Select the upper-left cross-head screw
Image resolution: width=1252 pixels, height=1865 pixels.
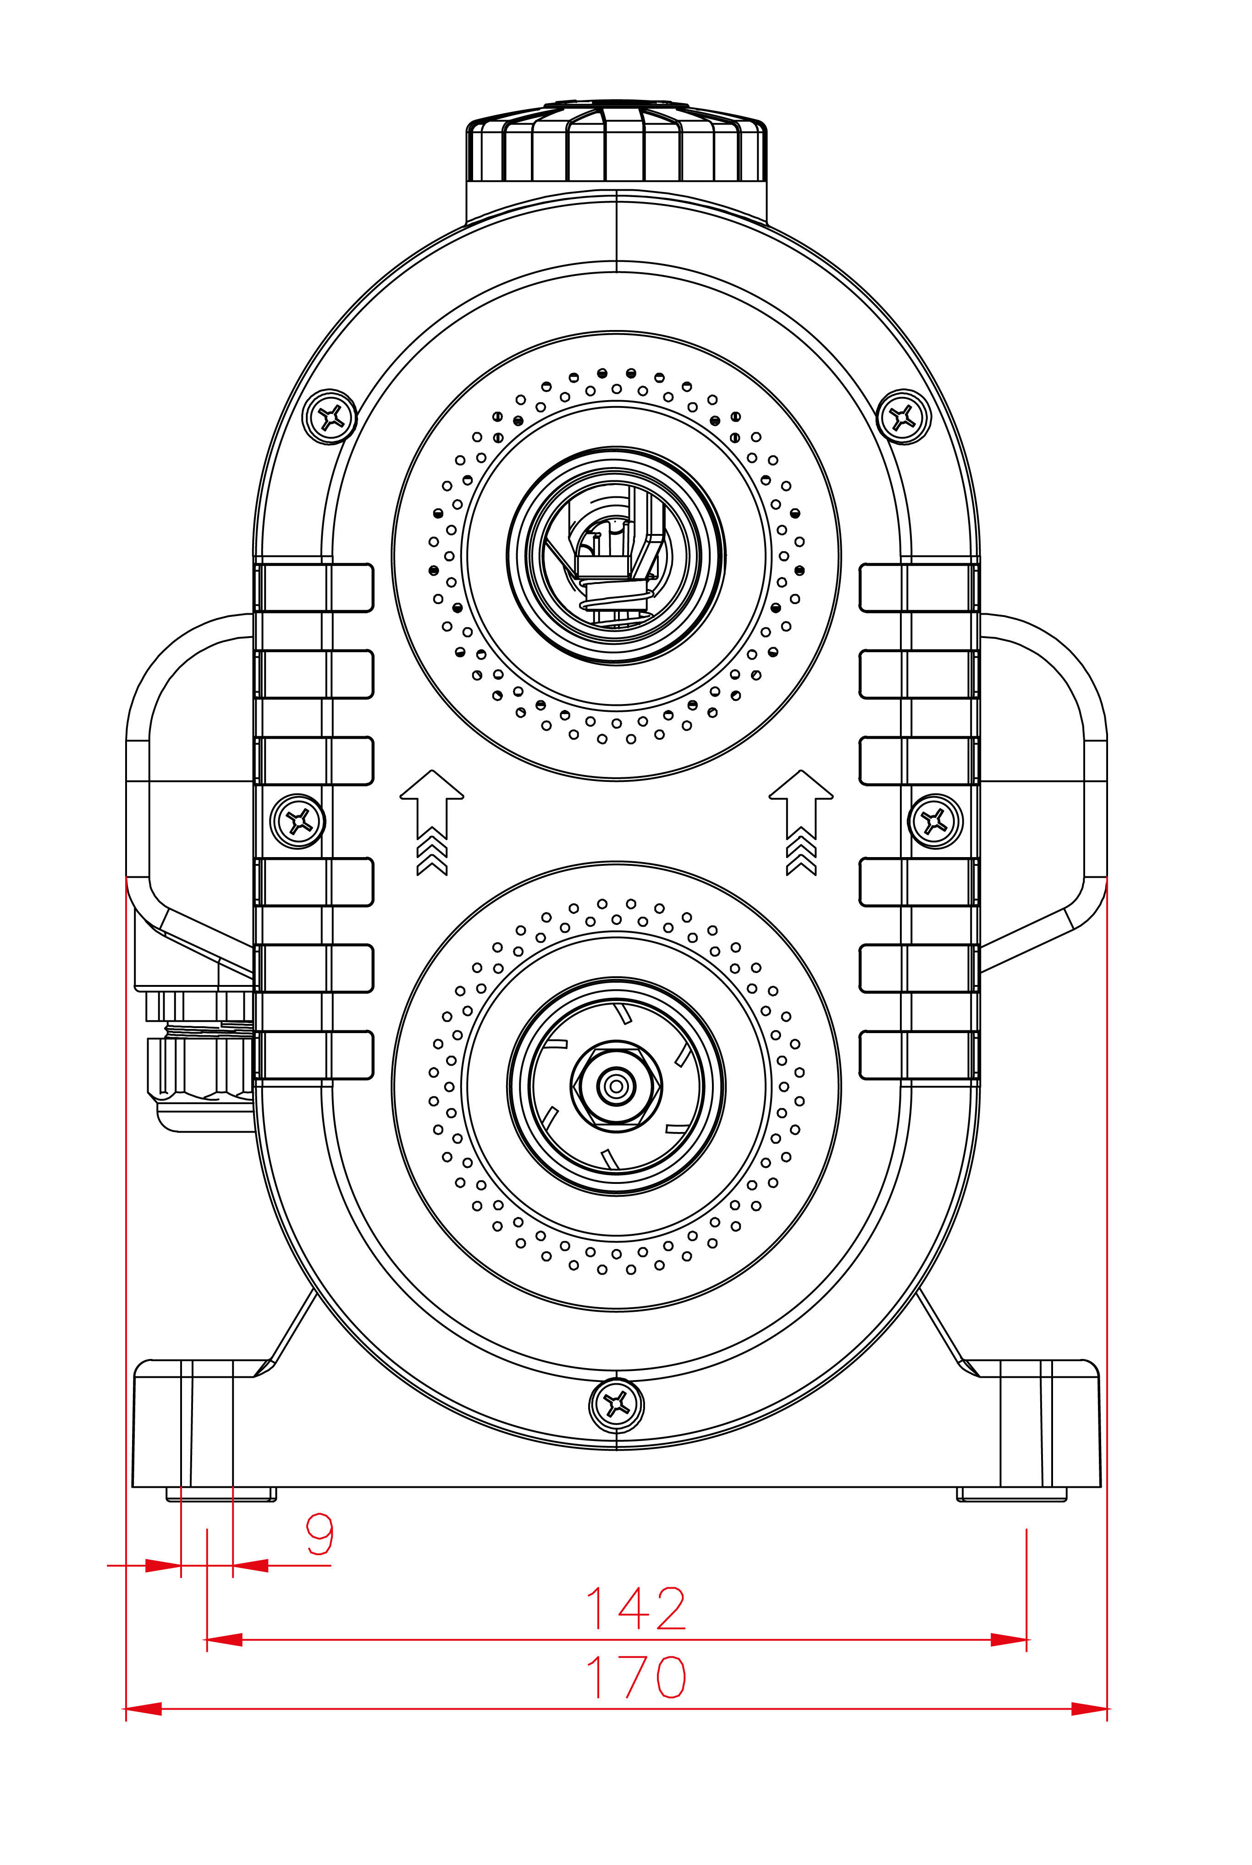pyautogui.click(x=330, y=416)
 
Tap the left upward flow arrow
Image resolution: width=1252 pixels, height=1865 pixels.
pyautogui.click(x=432, y=822)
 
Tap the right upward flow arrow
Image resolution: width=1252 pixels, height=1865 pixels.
pyautogui.click(x=801, y=822)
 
